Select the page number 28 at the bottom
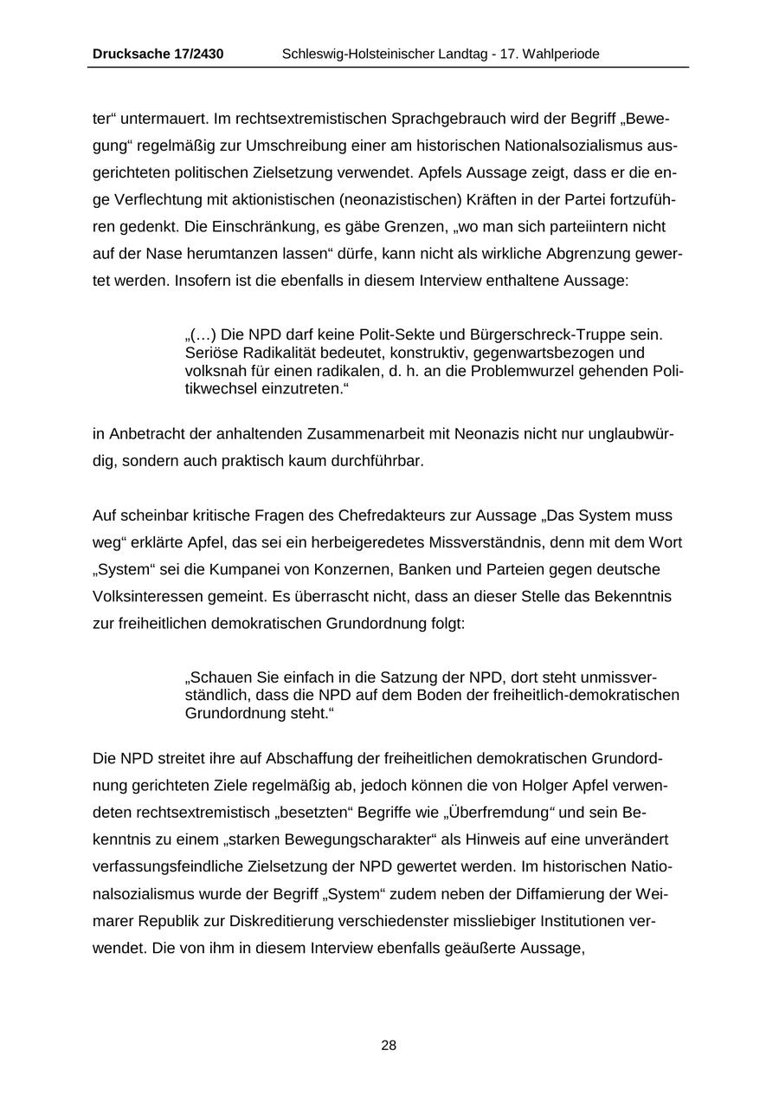click(389, 1046)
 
